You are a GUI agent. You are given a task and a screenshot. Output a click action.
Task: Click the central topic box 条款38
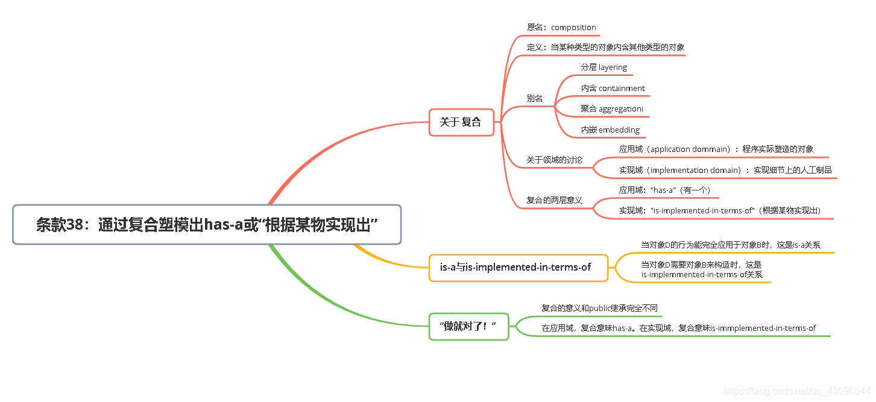click(207, 225)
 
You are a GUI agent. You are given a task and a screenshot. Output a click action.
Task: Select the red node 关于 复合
click(461, 122)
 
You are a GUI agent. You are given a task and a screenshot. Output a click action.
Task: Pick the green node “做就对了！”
click(468, 326)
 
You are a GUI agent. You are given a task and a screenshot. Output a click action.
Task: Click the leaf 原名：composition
click(561, 28)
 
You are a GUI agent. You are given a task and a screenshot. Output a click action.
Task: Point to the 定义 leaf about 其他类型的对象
click(605, 47)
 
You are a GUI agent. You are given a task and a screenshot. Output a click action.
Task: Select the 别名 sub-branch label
click(535, 98)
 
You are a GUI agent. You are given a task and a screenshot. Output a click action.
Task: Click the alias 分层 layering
click(603, 68)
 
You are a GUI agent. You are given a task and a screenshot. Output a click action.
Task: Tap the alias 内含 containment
click(613, 89)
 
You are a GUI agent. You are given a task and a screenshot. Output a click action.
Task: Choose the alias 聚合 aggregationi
click(611, 109)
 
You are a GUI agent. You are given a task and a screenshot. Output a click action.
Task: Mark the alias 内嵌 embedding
click(610, 130)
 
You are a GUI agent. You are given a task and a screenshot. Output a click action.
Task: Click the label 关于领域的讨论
click(554, 160)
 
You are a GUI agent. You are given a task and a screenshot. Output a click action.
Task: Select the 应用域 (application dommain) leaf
click(716, 149)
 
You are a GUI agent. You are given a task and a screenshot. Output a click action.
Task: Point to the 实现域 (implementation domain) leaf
click(725, 171)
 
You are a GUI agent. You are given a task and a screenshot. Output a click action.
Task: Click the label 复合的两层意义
click(554, 200)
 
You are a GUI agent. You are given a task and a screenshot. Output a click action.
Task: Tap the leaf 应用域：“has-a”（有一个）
click(665, 190)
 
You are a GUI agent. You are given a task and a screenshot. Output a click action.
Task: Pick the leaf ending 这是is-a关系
click(730, 245)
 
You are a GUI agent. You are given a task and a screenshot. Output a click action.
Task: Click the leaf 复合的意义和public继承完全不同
click(599, 309)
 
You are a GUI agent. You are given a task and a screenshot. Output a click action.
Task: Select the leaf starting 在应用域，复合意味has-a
click(678, 328)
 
